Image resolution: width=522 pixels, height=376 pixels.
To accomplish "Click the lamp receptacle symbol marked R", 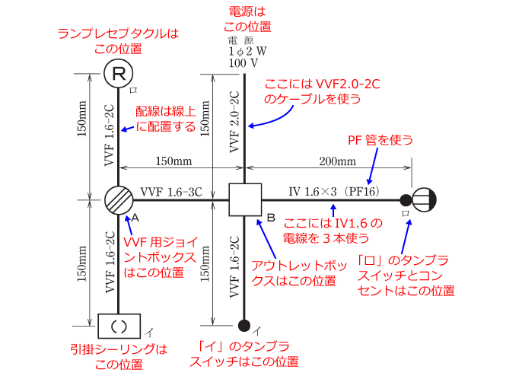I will coord(119,74).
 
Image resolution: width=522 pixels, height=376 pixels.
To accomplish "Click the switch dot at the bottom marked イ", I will coord(243,326).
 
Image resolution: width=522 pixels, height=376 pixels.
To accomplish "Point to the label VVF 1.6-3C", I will coord(171,191).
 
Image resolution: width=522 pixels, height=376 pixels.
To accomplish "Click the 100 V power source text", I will coord(243,63).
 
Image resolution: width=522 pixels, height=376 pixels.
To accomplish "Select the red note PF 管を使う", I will coord(380,139).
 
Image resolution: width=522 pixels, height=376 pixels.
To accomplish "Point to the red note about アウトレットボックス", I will coord(294,272).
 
